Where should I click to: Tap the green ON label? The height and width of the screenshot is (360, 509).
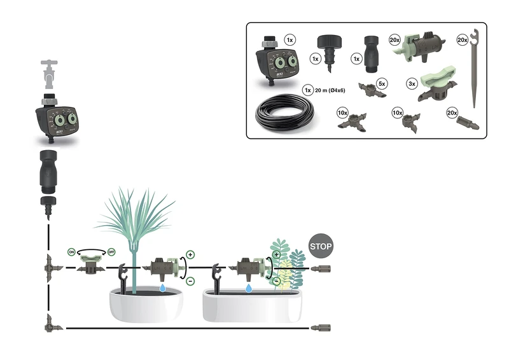click(x=72, y=252)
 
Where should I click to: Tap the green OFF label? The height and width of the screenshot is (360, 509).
click(x=111, y=252)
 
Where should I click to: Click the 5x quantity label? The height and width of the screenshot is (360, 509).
click(x=381, y=83)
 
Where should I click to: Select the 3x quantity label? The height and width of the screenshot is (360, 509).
click(x=412, y=83)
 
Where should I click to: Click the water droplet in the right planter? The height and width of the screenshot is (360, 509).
click(x=249, y=289)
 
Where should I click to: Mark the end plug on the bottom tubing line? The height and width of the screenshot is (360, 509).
click(x=321, y=328)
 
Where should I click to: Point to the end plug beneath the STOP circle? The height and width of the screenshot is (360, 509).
click(x=321, y=268)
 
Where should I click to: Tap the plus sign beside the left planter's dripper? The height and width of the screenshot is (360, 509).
click(x=190, y=253)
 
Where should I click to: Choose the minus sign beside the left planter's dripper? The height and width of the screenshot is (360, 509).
click(x=190, y=280)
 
